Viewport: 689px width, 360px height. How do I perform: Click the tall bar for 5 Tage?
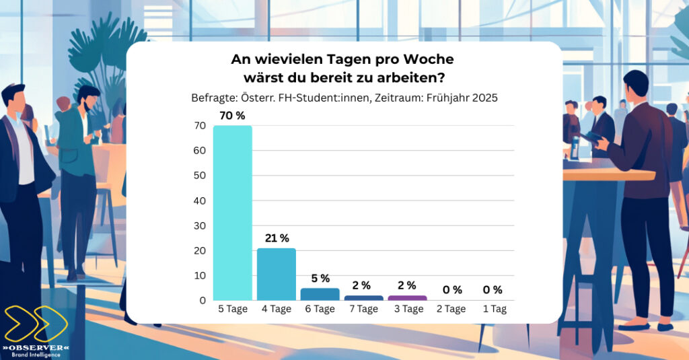tap(232, 213)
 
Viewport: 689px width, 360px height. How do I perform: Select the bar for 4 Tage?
tap(277, 274)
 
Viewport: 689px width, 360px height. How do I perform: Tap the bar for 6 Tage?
tap(320, 294)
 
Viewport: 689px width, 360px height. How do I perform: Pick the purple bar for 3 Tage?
tap(407, 297)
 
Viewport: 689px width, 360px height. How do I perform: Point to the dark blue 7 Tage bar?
tap(363, 297)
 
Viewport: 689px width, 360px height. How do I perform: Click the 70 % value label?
tap(232, 115)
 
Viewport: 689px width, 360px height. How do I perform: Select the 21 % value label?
tap(276, 238)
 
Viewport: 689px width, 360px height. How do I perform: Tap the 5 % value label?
tap(320, 279)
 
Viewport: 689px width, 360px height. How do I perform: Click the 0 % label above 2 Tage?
tap(451, 290)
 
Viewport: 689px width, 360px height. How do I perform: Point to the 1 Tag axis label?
tap(495, 309)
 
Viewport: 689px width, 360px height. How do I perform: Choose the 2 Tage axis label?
tap(451, 309)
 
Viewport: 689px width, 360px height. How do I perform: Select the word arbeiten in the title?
tap(411, 77)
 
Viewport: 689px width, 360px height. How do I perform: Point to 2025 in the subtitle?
tap(484, 98)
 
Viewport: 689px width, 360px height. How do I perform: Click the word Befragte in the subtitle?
tap(214, 98)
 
